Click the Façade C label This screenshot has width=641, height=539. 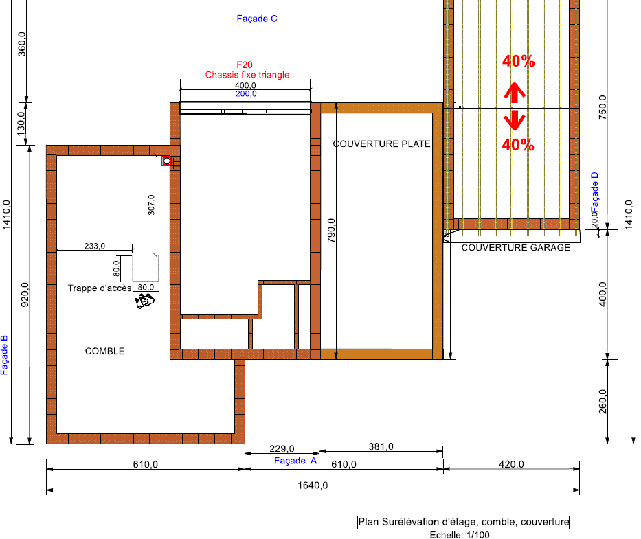257,19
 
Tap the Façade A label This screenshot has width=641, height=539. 295,461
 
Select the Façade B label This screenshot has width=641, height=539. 4,355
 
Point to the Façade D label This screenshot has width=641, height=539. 595,192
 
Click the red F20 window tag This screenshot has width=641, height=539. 245,65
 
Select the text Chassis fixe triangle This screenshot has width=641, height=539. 247,75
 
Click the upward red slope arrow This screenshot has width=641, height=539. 515,93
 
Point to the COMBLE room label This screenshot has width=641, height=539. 104,351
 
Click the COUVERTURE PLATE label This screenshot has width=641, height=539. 381,144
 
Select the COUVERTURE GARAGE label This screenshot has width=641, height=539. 515,248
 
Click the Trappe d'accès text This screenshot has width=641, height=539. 100,288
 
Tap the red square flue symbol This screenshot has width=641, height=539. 166,161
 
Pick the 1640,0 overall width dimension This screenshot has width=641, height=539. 313,485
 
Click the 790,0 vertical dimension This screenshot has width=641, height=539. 331,231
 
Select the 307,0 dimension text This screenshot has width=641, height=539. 151,205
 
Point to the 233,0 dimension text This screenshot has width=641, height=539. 94,246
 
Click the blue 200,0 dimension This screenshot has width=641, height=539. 246,94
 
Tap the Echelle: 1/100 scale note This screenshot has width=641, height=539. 460,534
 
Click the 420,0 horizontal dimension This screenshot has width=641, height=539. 511,464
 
